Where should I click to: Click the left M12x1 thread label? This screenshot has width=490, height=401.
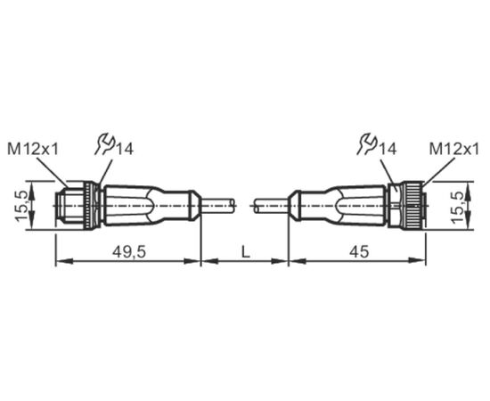33,150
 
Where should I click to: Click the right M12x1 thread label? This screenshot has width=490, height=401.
454,150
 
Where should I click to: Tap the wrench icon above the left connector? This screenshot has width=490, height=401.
105,144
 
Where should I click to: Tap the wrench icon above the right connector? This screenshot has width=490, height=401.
368,144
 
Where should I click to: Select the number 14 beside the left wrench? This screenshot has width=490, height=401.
125,149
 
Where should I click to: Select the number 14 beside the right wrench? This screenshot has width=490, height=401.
388,149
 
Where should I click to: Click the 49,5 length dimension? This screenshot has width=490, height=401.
129,251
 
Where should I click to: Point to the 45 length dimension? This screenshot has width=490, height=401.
359,251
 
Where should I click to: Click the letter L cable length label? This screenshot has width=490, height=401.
246,251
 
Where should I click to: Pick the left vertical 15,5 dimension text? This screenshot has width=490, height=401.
22,205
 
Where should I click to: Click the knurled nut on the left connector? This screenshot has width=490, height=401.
91,206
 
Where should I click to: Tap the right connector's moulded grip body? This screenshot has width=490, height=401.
338,205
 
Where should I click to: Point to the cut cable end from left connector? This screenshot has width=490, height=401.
233,206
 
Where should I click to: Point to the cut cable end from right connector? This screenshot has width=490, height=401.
257,206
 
